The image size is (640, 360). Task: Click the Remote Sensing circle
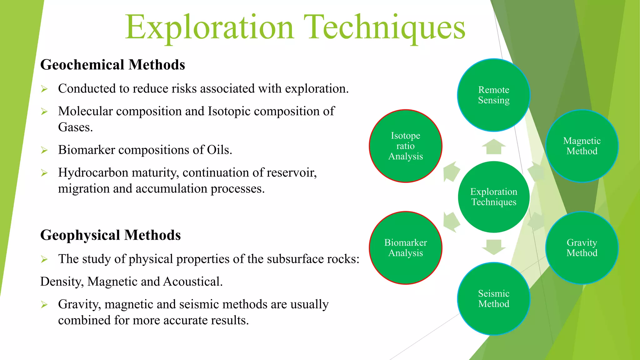click(x=493, y=95)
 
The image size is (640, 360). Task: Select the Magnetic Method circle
click(x=582, y=146)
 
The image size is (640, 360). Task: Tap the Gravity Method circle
click(x=582, y=248)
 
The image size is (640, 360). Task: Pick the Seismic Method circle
click(x=493, y=299)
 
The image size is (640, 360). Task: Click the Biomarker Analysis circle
click(x=405, y=248)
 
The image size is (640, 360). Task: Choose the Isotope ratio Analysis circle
click(x=405, y=146)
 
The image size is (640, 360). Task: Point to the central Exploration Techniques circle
click(x=493, y=197)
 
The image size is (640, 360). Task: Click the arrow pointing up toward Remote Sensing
click(x=493, y=147)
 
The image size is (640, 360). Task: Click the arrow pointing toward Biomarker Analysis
click(x=451, y=222)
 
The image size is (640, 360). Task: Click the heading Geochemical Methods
click(x=112, y=65)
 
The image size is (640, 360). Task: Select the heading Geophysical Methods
click(x=110, y=235)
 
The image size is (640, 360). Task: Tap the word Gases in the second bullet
click(x=75, y=127)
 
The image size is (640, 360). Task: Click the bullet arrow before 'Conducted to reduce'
click(x=44, y=89)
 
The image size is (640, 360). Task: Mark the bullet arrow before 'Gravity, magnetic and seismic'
click(x=44, y=305)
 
